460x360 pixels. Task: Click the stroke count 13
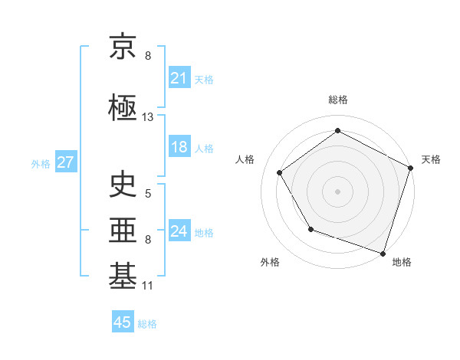[x=148, y=117]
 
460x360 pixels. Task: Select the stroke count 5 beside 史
[x=148, y=193]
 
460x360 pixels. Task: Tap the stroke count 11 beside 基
[x=148, y=286]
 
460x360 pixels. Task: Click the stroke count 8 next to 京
[x=148, y=56]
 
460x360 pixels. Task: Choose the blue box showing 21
[x=179, y=78]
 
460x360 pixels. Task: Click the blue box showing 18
[x=179, y=147]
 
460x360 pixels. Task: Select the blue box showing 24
[x=179, y=231]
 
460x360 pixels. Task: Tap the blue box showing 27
[x=65, y=162]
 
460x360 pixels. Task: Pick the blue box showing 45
[x=123, y=322]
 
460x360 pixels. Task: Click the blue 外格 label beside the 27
[x=41, y=163]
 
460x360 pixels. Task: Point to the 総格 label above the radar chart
[x=337, y=100]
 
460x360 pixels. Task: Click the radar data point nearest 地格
[x=383, y=252]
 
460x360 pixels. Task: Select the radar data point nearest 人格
[x=280, y=172]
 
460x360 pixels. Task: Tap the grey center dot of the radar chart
[x=337, y=191]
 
